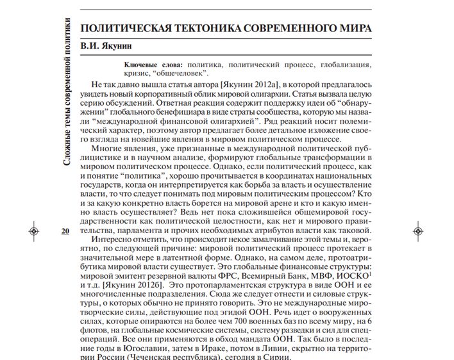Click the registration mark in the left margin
35,231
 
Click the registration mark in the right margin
417,231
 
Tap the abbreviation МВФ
308,273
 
